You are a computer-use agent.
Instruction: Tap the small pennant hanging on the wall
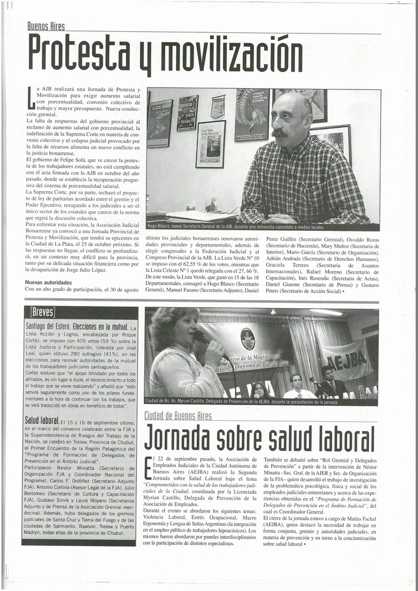tap(218, 106)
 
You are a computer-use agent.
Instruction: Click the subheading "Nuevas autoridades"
tap(48, 282)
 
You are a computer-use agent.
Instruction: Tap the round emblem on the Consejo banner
tap(248, 338)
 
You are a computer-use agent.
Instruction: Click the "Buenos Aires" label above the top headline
tap(46, 27)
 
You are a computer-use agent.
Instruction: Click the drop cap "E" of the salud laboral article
tap(148, 467)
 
